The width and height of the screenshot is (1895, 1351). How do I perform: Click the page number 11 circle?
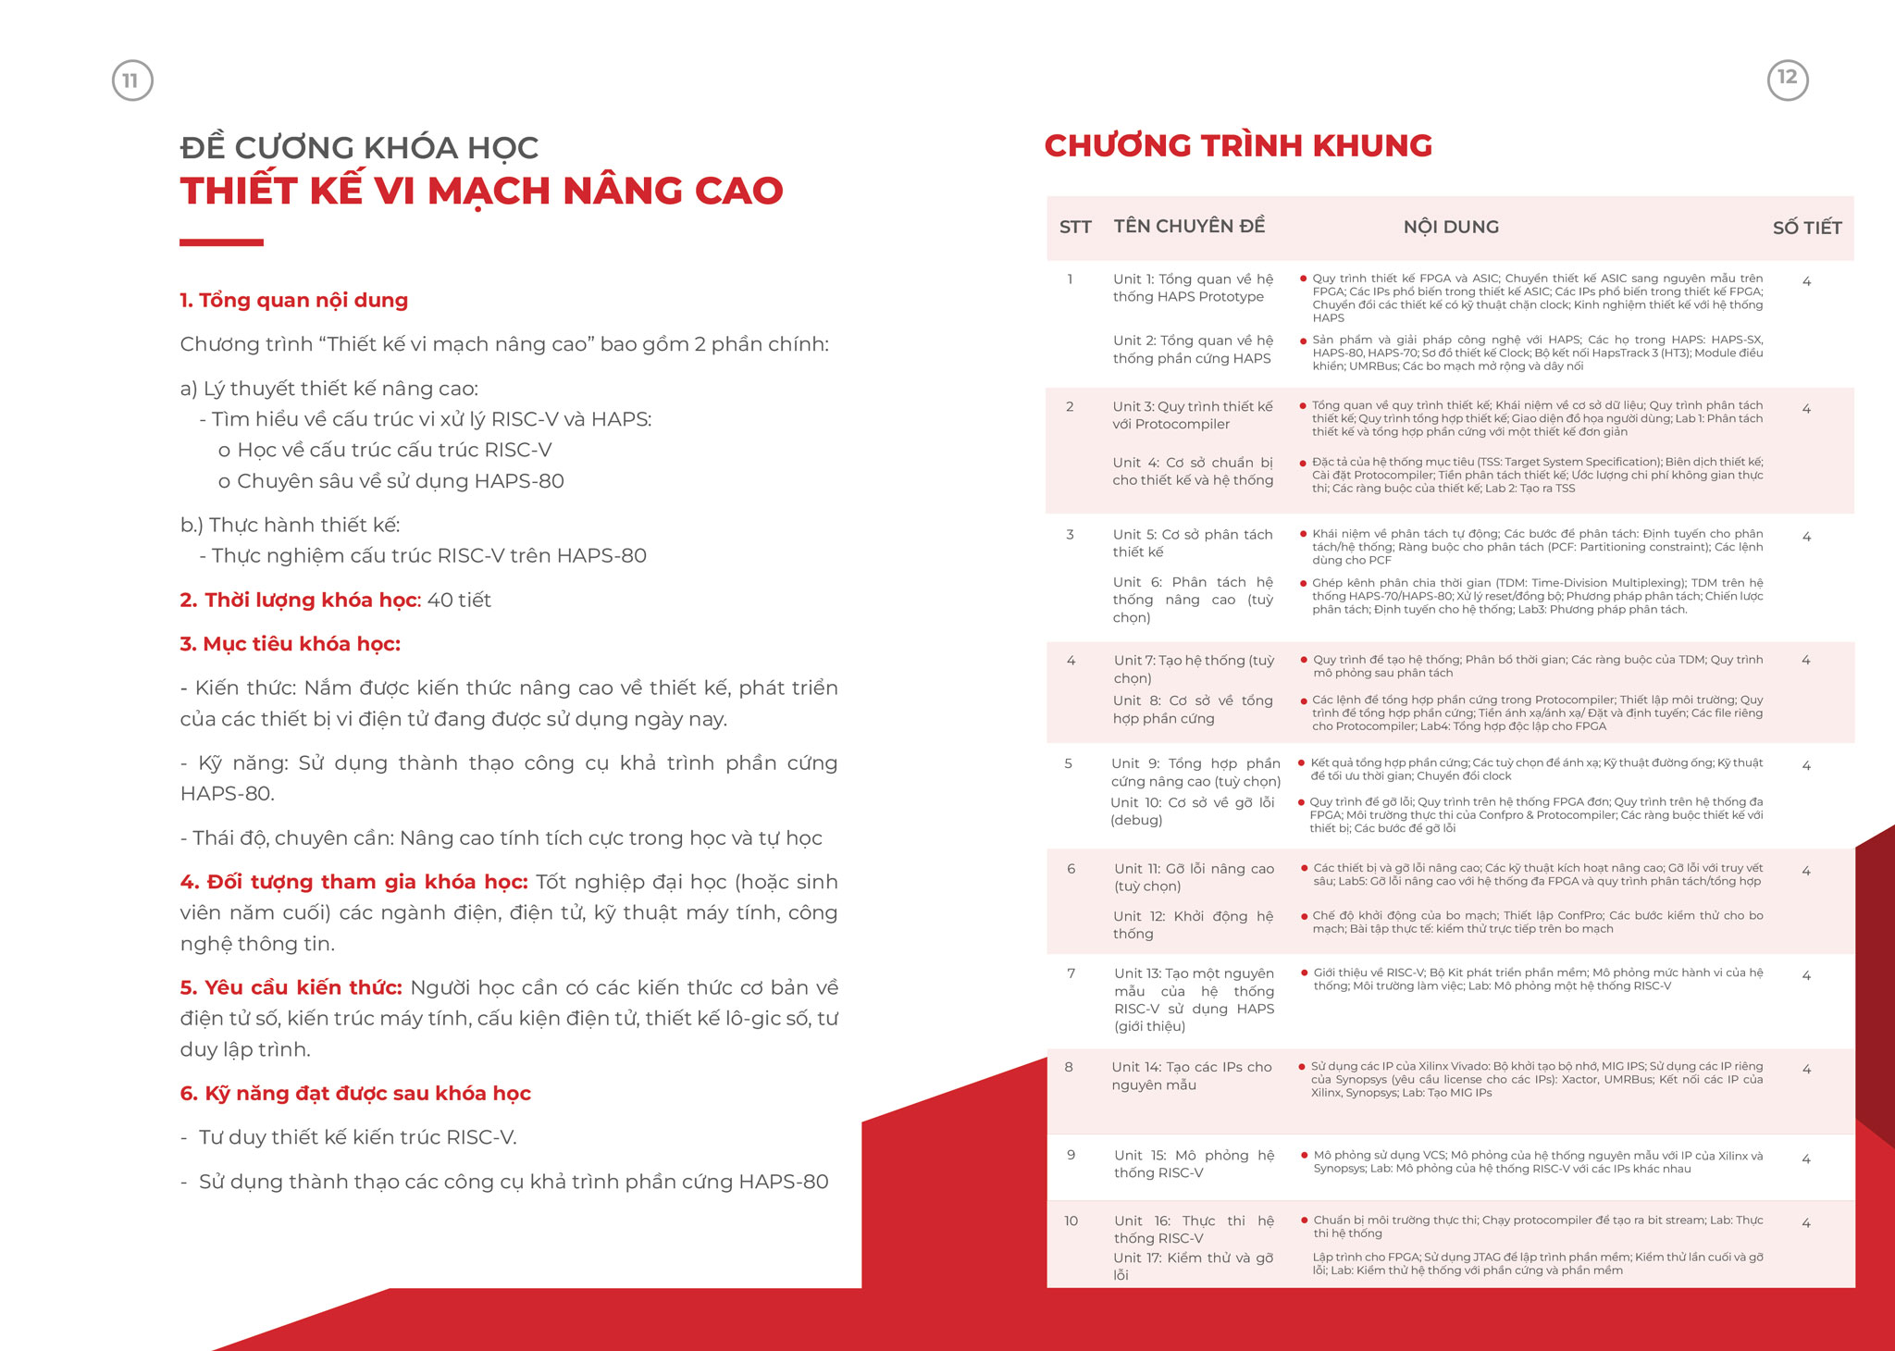tap(132, 81)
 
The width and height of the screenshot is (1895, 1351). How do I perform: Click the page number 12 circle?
tap(1787, 79)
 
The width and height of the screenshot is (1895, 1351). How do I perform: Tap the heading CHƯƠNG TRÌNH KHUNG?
tap(1238, 146)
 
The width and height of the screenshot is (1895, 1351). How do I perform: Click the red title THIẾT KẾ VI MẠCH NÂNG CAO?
tap(481, 192)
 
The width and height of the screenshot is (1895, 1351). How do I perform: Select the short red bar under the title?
tap(221, 242)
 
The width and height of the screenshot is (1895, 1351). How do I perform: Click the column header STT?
tap(1075, 228)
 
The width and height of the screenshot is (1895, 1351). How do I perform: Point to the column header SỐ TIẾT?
tap(1806, 228)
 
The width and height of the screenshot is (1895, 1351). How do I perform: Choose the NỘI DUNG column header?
tap(1451, 228)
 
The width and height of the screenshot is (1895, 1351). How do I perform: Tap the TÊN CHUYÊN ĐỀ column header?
tap(1189, 227)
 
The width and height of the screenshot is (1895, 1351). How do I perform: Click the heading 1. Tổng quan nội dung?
tap(293, 301)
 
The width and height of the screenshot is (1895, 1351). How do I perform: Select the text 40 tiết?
tap(459, 601)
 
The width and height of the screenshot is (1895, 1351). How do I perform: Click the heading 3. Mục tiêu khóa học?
tap(290, 644)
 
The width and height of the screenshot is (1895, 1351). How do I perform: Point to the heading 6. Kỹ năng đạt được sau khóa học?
tap(355, 1094)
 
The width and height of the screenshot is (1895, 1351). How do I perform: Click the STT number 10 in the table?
tap(1071, 1221)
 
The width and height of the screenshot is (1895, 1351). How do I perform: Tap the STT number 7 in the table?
tap(1071, 973)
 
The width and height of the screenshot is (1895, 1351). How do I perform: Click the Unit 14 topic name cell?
tap(1191, 1076)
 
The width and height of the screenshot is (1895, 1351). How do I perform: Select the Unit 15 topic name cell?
tap(1193, 1164)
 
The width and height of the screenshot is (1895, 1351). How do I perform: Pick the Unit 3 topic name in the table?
tap(1192, 415)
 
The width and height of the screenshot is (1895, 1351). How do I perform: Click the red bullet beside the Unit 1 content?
tap(1303, 279)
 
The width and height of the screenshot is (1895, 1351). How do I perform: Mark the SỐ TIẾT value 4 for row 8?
tap(1806, 1070)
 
